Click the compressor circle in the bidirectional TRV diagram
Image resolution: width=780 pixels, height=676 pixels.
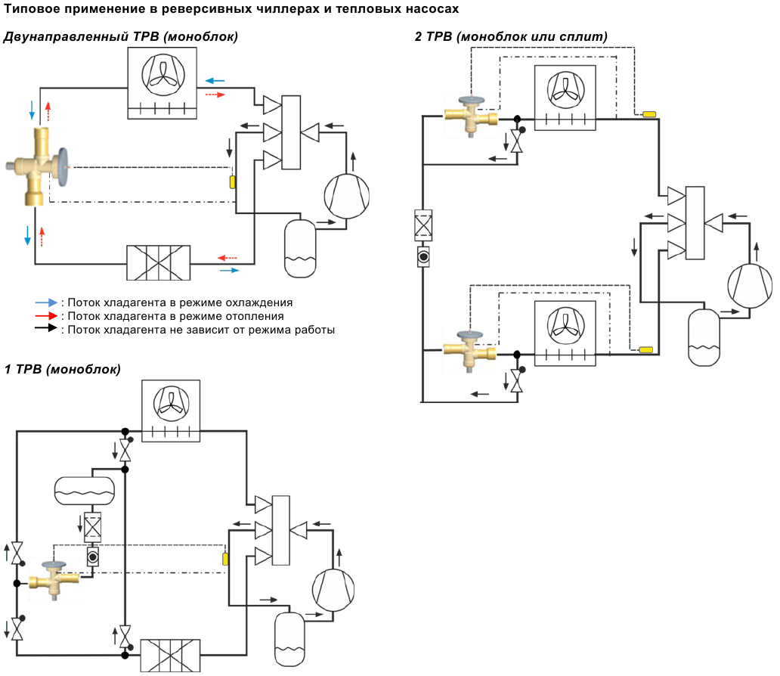[x=347, y=196]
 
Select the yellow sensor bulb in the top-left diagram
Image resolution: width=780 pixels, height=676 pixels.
[x=232, y=181]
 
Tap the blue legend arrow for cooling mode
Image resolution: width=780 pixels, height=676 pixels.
[x=46, y=302]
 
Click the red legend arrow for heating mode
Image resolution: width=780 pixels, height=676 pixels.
[x=46, y=316]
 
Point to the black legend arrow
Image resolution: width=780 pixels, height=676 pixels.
[x=46, y=328]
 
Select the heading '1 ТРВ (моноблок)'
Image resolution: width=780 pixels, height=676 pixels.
[x=63, y=369]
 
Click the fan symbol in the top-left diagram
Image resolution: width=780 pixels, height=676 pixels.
[x=163, y=75]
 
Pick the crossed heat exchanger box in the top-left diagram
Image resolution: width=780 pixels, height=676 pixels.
[x=158, y=263]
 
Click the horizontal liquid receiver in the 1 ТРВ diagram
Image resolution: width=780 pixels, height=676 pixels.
[x=84, y=491]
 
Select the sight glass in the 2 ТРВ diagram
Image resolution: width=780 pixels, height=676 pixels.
[x=423, y=257]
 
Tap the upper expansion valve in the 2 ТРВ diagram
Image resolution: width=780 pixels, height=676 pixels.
[x=470, y=116]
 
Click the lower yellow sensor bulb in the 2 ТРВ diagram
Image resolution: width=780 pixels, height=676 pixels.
[x=645, y=350]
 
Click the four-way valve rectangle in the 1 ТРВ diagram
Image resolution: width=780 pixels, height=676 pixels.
[x=281, y=531]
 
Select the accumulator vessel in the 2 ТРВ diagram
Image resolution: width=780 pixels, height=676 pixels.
[x=704, y=337]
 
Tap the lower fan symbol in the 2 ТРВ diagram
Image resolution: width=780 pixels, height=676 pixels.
[x=565, y=326]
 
